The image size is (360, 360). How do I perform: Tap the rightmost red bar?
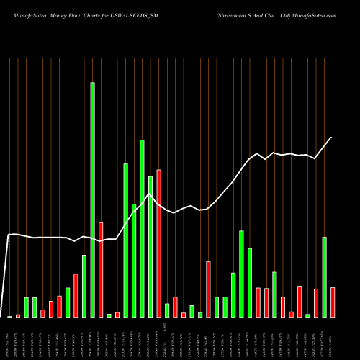(333, 302)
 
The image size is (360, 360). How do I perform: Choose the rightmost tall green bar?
(324, 277)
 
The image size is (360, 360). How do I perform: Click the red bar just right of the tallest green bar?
(101, 270)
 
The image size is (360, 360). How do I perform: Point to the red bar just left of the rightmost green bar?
(316, 303)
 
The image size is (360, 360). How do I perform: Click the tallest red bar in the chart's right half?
(208, 289)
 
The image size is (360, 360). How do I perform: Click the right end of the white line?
(332, 138)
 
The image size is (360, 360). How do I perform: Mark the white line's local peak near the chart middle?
(150, 194)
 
